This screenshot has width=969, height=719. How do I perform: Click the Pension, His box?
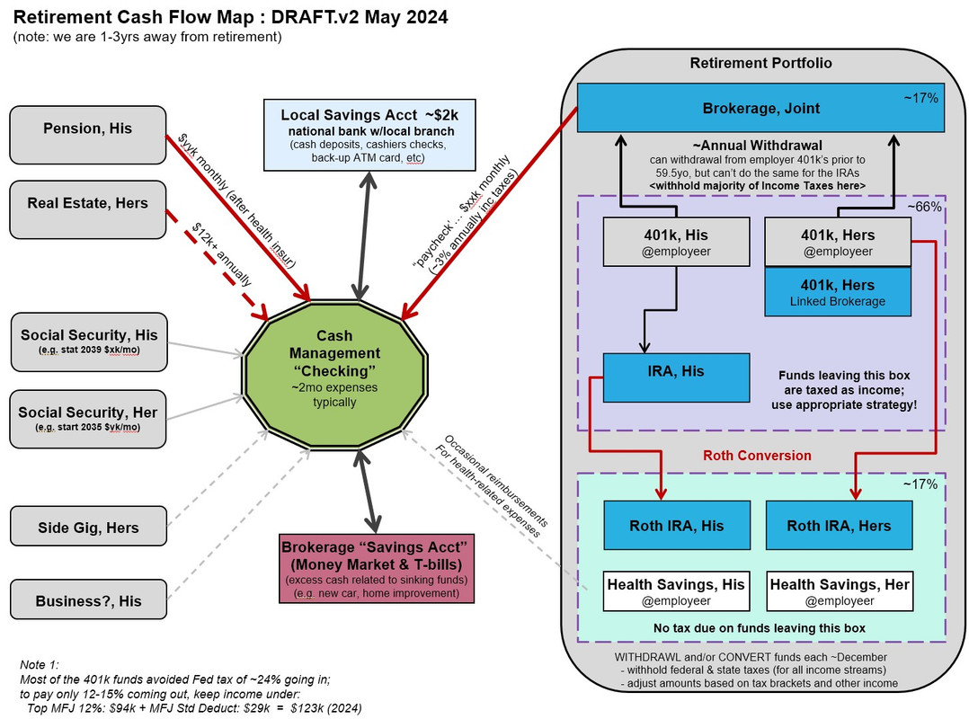pyautogui.click(x=88, y=135)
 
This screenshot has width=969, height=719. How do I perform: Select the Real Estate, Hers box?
pyautogui.click(x=88, y=209)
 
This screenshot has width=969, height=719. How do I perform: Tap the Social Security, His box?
pyautogui.click(x=88, y=342)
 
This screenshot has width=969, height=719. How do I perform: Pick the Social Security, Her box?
pyautogui.click(x=88, y=419)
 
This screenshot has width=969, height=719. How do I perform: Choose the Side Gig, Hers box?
pyautogui.click(x=88, y=526)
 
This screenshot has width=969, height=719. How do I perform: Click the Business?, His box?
pyautogui.click(x=88, y=600)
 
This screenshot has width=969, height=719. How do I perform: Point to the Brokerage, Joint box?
pyautogui.click(x=760, y=109)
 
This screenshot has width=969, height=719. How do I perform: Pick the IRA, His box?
pyautogui.click(x=676, y=377)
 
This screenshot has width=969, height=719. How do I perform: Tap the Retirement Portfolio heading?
pyautogui.click(x=760, y=63)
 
